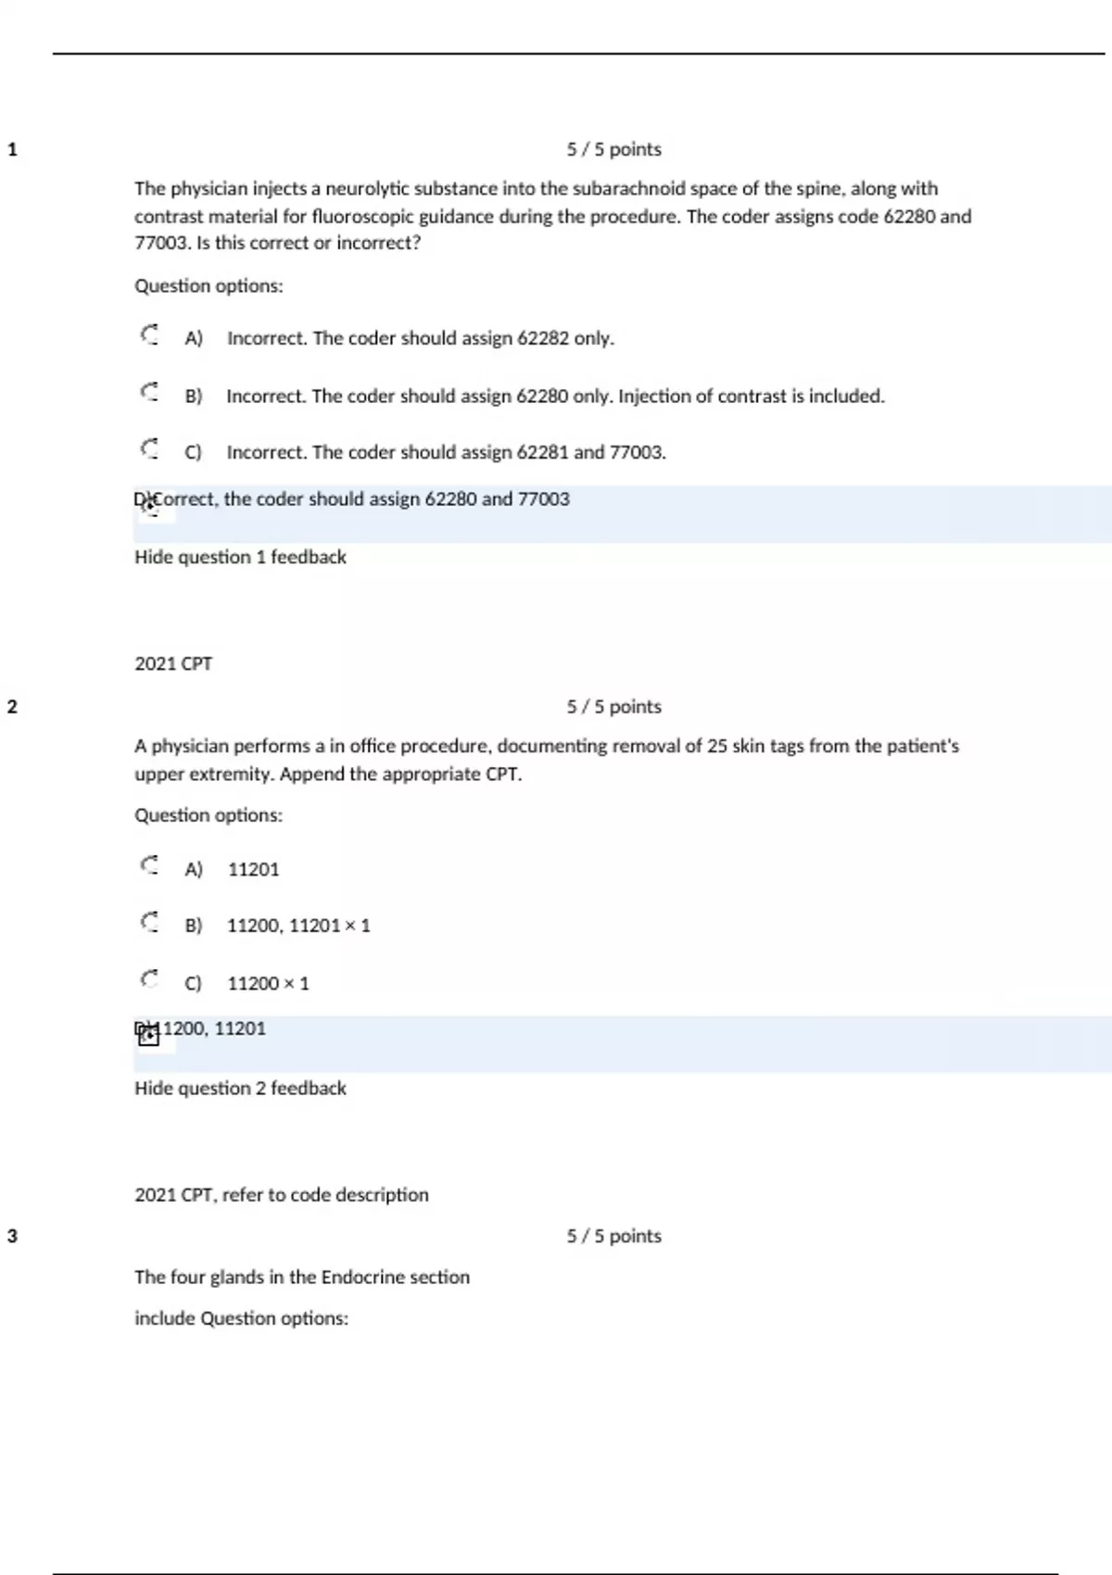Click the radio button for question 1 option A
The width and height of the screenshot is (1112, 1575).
pyautogui.click(x=149, y=334)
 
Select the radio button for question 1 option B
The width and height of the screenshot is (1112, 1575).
pyautogui.click(x=149, y=392)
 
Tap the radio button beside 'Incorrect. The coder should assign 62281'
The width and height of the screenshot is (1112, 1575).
pyautogui.click(x=149, y=449)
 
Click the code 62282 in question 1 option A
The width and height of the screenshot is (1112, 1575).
pyautogui.click(x=542, y=338)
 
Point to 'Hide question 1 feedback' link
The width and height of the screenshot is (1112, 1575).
pyautogui.click(x=240, y=557)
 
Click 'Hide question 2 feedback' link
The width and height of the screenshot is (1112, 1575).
pyautogui.click(x=240, y=1088)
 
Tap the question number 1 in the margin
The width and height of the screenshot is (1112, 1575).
pyautogui.click(x=12, y=149)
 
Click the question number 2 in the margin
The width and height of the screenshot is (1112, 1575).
pyautogui.click(x=12, y=707)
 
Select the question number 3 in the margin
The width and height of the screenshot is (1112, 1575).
pyautogui.click(x=12, y=1236)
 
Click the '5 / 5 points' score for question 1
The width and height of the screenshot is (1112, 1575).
pyautogui.click(x=613, y=149)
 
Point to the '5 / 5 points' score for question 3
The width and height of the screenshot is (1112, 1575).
pyautogui.click(x=613, y=1236)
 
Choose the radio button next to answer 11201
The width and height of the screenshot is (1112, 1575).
pyautogui.click(x=149, y=866)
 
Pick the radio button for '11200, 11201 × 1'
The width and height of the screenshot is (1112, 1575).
pyautogui.click(x=149, y=923)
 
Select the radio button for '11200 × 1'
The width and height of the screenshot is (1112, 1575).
pyautogui.click(x=149, y=980)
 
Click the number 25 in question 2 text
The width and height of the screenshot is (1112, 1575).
pyautogui.click(x=717, y=746)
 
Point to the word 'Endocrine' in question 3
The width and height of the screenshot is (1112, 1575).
pyautogui.click(x=363, y=1277)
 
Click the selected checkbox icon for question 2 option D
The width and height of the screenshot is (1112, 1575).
pyautogui.click(x=148, y=1035)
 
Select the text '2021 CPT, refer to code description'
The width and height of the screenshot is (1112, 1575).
pyautogui.click(x=282, y=1195)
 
